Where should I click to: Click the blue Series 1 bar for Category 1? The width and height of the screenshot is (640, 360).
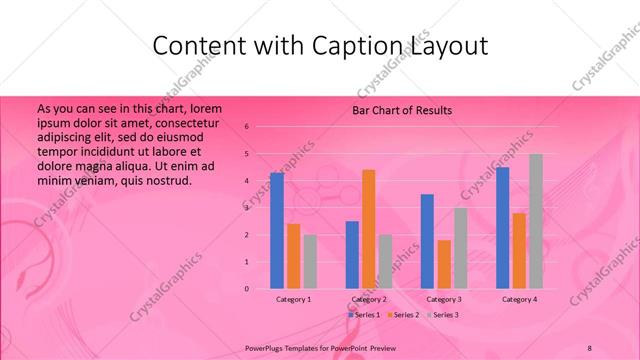[x=277, y=230]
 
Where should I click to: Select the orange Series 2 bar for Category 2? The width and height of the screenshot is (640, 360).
[x=368, y=229]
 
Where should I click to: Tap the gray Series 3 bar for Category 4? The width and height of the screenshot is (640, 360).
[x=536, y=221]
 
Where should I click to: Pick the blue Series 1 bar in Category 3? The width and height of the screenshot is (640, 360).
[x=427, y=241]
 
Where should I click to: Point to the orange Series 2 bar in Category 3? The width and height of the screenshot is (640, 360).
[x=444, y=264]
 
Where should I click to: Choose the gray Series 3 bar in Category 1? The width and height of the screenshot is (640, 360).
[x=310, y=261]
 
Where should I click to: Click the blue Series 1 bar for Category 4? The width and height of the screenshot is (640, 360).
[x=502, y=227]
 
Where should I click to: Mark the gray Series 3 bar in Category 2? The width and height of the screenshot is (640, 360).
[x=385, y=261]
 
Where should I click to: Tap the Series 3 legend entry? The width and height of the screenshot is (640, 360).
[x=443, y=315]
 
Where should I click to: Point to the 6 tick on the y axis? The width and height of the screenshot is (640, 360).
[x=247, y=127]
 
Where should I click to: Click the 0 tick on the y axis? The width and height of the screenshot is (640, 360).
[x=247, y=289]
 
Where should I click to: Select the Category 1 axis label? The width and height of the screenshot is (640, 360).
[x=294, y=299]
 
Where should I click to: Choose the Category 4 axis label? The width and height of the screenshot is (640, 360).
[x=519, y=299]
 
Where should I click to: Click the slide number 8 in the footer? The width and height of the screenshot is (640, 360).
[x=590, y=346]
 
